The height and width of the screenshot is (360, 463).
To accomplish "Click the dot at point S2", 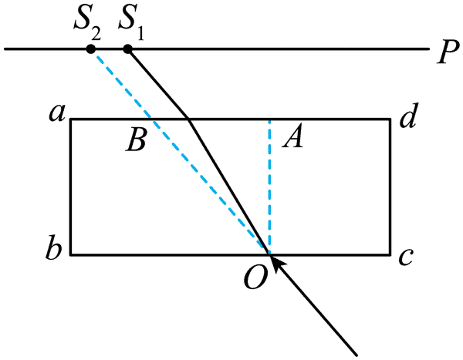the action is [x=90, y=49].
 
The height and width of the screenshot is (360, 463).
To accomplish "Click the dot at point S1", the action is [x=127, y=49].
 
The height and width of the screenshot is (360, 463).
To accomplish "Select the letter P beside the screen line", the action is [x=448, y=52].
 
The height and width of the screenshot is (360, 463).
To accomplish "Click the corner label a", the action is [x=57, y=113].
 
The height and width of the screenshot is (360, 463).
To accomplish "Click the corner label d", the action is [x=408, y=115].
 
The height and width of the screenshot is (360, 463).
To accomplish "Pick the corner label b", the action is [x=54, y=247].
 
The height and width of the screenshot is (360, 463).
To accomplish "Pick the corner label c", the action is [x=406, y=257].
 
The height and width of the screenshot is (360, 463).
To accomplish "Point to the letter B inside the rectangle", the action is [x=136, y=140].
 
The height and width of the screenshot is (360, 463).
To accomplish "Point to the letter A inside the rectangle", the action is [x=292, y=136].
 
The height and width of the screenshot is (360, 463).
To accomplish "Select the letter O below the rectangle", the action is [x=256, y=277].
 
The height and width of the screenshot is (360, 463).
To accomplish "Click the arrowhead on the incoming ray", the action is [x=278, y=263].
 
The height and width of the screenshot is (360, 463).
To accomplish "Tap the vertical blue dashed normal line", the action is [x=269, y=187].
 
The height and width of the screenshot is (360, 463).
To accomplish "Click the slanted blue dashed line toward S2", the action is [x=180, y=151].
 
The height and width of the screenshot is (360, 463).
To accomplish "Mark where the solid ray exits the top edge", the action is [x=189, y=119].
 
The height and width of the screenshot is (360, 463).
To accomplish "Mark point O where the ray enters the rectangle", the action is [x=269, y=254].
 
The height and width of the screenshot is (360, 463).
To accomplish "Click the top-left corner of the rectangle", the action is [x=71, y=119].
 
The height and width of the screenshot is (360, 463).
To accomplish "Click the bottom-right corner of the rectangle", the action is [x=390, y=254].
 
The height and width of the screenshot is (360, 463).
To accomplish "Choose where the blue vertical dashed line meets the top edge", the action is [x=269, y=119].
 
